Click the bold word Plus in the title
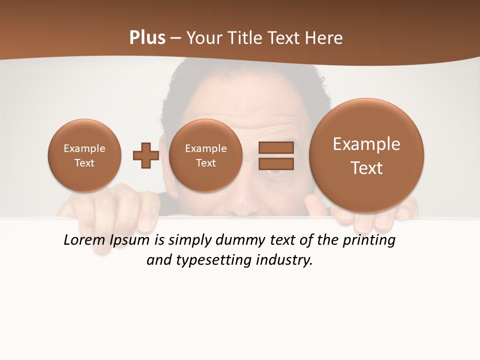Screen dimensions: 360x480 147,38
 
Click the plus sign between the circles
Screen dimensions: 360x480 146,155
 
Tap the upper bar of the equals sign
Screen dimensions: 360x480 275,147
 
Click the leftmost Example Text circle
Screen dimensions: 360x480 84,155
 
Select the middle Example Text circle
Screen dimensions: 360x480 205,155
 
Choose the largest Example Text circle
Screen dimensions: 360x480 366,155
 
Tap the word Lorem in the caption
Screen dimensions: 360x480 84,240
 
